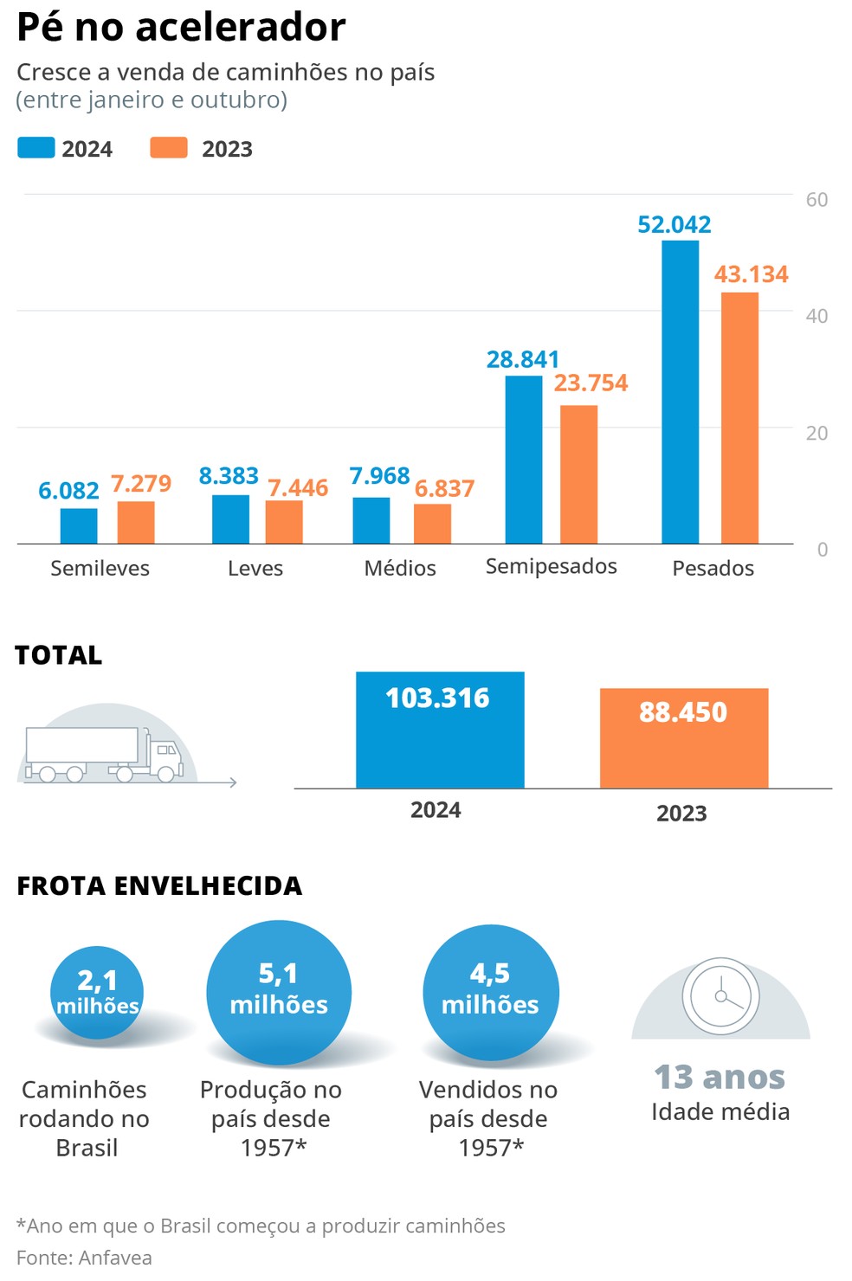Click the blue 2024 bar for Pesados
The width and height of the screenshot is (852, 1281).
(x=680, y=392)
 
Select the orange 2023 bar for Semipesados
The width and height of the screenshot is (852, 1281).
(x=578, y=474)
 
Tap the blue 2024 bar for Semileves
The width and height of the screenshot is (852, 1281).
(x=79, y=526)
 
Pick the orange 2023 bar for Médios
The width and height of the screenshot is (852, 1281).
(x=432, y=524)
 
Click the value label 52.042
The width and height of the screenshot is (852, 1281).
(x=674, y=225)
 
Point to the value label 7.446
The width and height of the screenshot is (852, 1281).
(x=298, y=488)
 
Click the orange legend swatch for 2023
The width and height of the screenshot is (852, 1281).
(x=169, y=148)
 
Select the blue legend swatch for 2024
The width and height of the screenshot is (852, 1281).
(x=36, y=148)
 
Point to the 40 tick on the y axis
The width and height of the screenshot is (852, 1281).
(x=816, y=316)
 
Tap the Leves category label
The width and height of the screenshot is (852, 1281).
(x=255, y=569)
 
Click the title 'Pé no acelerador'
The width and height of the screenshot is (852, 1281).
(x=181, y=27)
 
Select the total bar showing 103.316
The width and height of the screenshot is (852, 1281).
(x=440, y=730)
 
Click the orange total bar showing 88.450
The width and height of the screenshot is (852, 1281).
(x=684, y=738)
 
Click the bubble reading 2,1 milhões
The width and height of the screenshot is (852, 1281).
(x=97, y=992)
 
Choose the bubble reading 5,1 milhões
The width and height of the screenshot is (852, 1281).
(x=279, y=992)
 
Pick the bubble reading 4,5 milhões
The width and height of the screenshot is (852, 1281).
(x=490, y=992)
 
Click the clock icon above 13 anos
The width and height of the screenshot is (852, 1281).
(x=720, y=996)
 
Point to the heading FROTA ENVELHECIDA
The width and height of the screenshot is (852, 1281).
(x=159, y=886)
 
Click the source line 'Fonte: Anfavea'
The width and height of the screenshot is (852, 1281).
(x=84, y=1258)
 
